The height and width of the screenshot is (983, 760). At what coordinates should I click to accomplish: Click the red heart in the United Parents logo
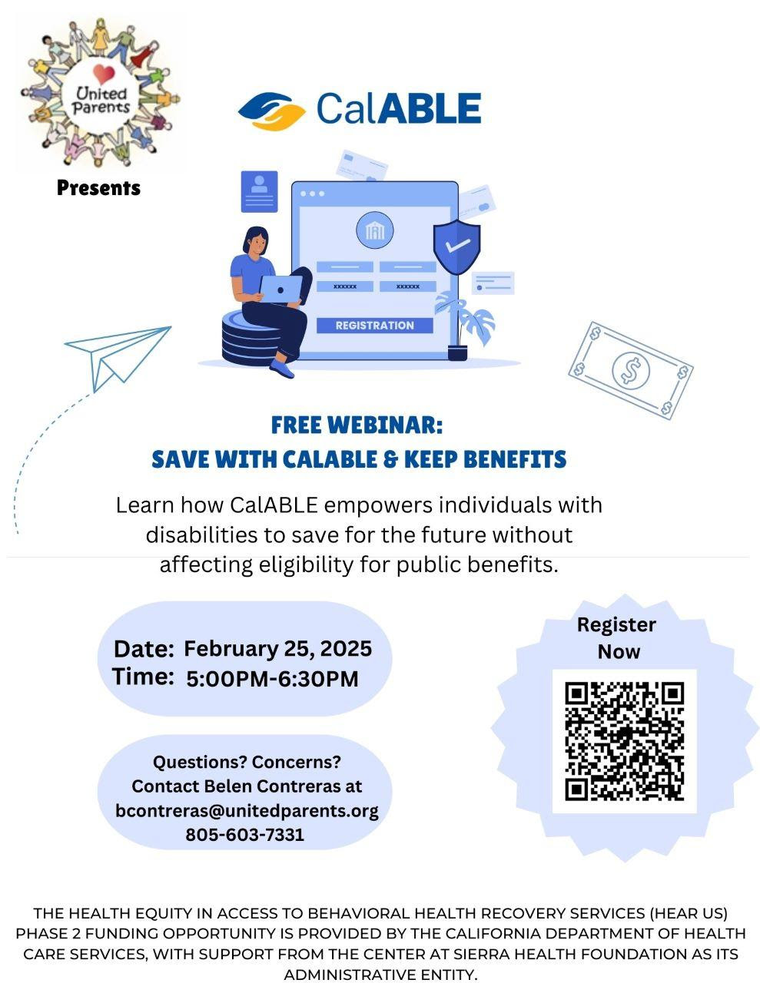[104, 74]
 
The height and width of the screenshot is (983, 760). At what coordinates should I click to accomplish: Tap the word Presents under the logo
[98, 187]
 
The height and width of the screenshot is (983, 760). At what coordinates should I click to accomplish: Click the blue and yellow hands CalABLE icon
[271, 111]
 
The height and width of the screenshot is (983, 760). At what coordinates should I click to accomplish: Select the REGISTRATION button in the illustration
[374, 326]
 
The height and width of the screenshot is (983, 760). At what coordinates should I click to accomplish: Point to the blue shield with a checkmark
[456, 247]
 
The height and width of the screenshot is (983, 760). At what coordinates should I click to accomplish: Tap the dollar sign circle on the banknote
[631, 370]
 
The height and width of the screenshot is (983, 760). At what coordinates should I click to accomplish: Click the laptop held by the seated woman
[280, 289]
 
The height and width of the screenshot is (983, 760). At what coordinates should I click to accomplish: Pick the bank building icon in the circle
[375, 230]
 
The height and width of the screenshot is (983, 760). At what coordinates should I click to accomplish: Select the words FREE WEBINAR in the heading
[357, 425]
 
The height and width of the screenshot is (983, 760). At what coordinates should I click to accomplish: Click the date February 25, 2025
[278, 649]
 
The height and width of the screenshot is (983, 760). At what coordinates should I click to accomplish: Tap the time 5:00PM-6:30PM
[272, 679]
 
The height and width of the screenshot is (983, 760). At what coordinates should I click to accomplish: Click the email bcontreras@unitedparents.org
[247, 810]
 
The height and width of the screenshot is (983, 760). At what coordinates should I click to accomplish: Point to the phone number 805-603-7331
[245, 835]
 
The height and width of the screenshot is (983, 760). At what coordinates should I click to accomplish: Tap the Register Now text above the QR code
[616, 638]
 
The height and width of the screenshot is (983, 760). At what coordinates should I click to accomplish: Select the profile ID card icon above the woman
[259, 191]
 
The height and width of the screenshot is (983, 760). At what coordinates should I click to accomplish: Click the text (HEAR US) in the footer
[689, 913]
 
